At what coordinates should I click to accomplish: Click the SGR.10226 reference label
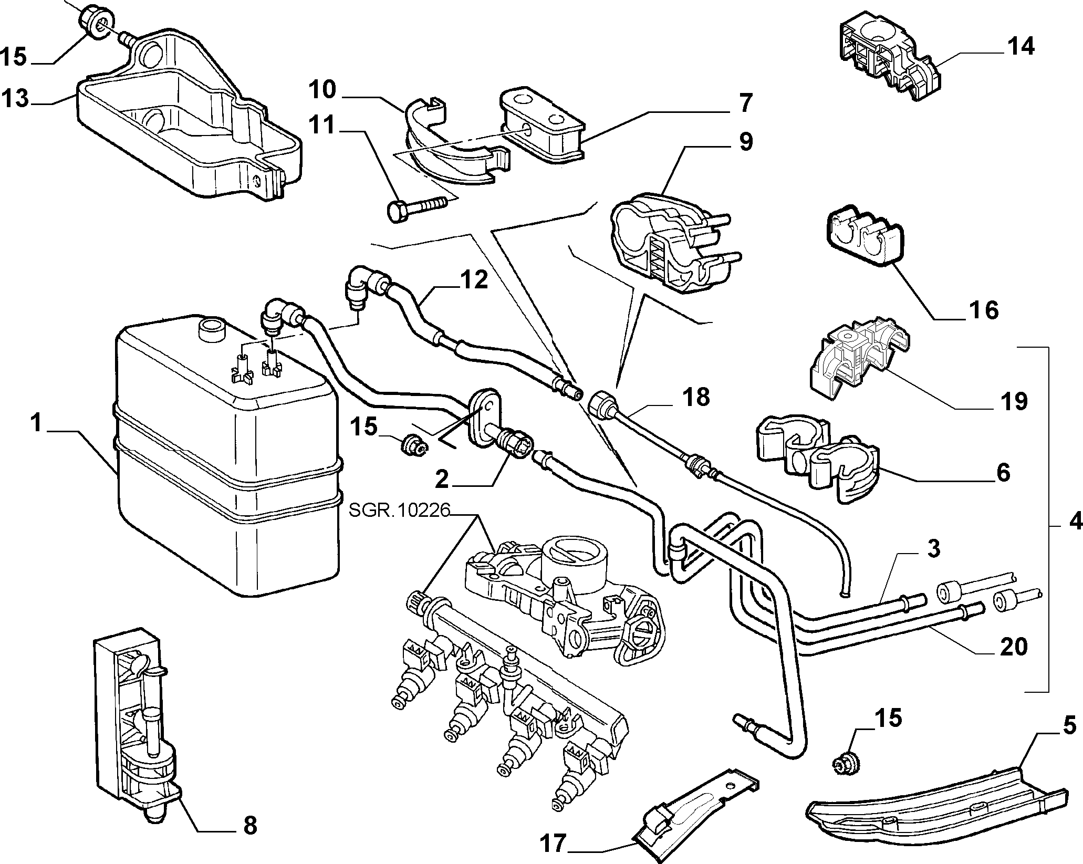(399, 511)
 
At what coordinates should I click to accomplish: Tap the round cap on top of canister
(212, 331)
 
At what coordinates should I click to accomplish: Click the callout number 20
(1013, 647)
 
